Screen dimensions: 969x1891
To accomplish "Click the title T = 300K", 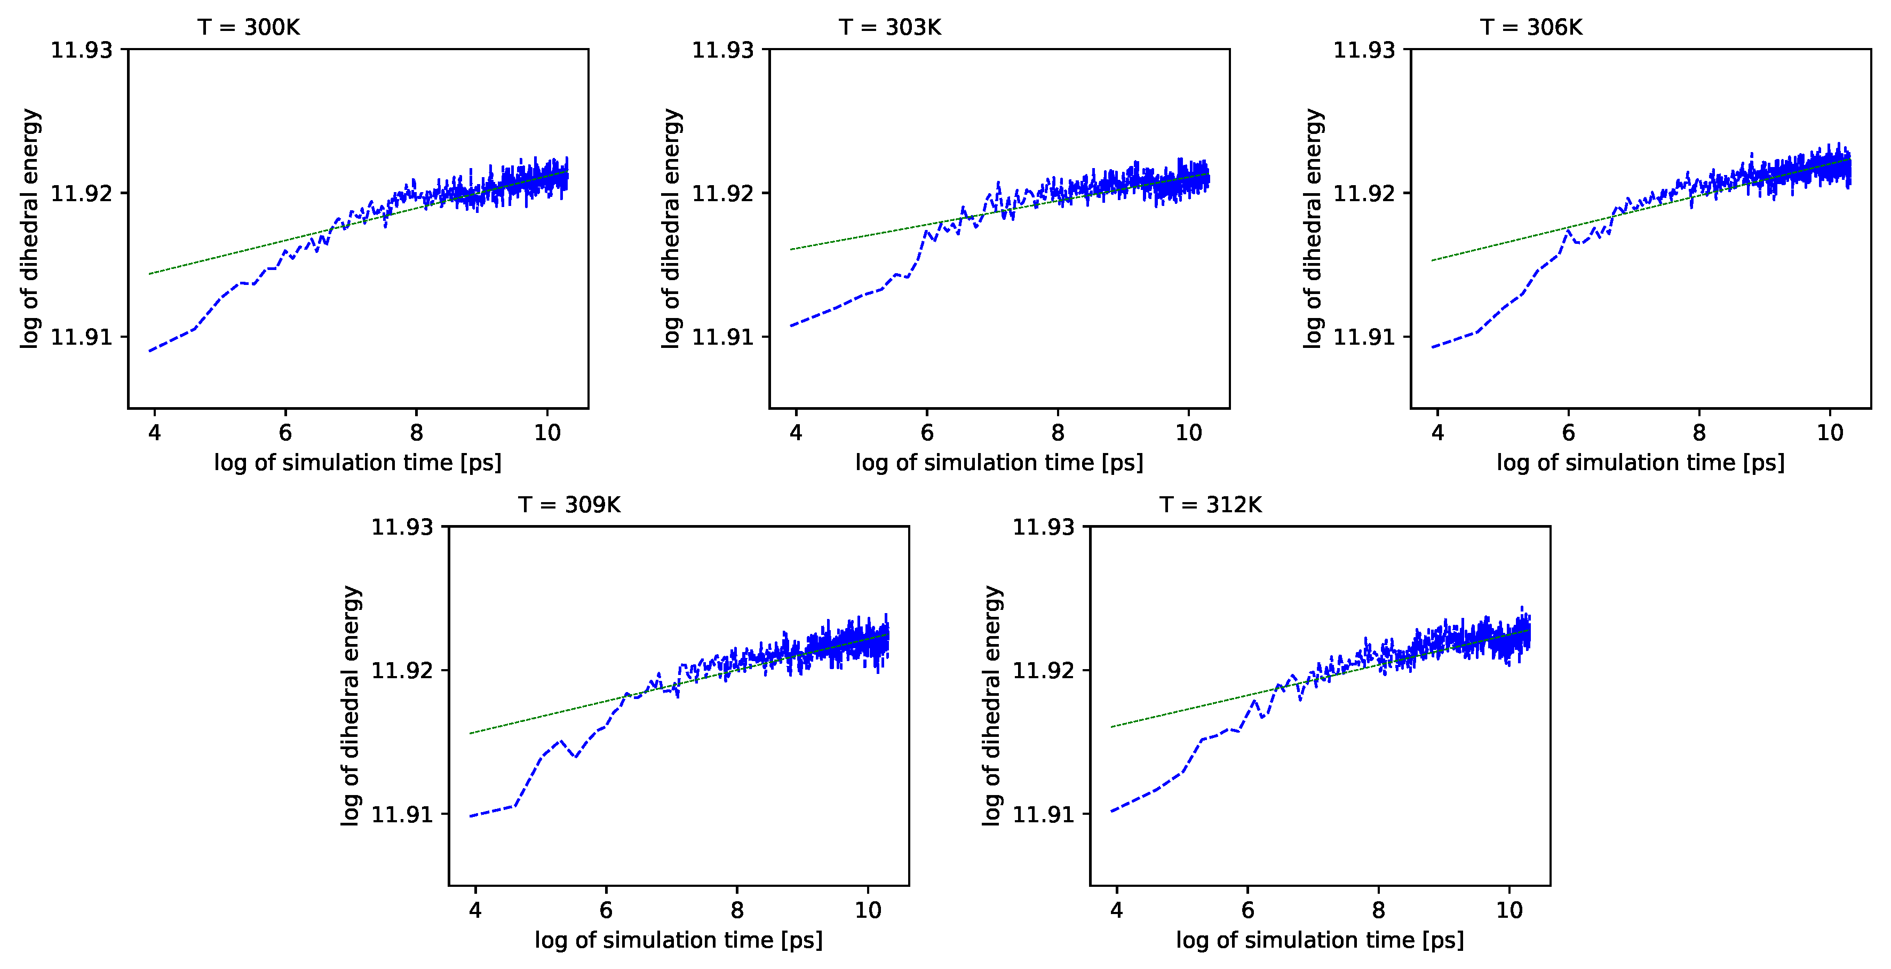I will point(248,27).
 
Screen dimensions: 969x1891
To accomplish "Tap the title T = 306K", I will point(1531,27).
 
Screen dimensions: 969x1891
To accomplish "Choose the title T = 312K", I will point(1211,505).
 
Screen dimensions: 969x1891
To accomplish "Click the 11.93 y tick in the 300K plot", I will point(82,50).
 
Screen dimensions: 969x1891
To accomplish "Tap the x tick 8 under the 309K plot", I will point(736,910).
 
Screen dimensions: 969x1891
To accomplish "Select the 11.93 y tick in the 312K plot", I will point(1043,527).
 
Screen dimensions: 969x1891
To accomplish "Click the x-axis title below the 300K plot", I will point(357,463).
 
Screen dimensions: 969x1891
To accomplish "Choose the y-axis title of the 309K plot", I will point(351,705).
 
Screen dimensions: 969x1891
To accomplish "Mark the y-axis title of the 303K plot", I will point(671,228).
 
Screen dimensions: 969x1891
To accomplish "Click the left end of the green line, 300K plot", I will point(150,274).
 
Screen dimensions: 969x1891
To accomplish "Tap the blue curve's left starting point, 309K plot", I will point(470,816).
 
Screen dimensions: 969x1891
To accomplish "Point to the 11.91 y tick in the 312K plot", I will point(1043,814).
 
